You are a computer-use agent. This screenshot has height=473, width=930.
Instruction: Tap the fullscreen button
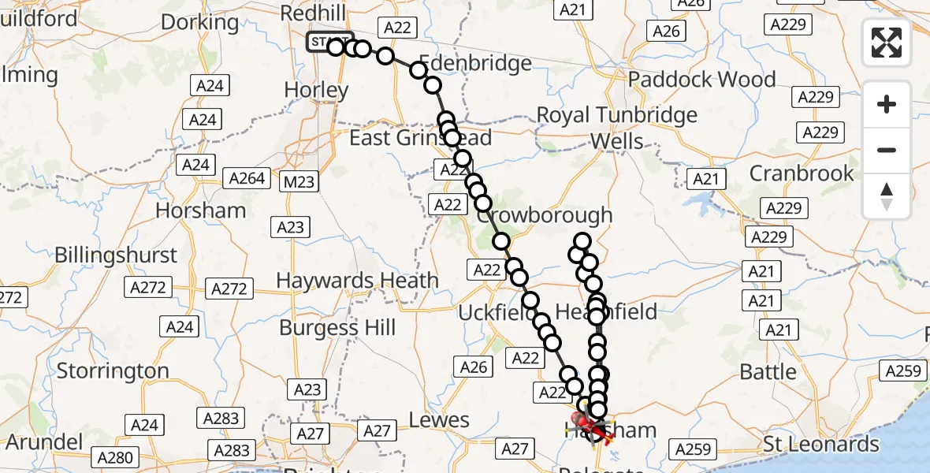click(x=887, y=43)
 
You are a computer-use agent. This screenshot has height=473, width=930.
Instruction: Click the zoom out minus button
click(x=887, y=150)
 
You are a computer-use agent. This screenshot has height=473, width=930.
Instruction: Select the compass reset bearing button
click(x=887, y=196)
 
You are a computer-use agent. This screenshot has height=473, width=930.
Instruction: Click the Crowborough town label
click(x=545, y=215)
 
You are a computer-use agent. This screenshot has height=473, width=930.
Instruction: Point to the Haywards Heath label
click(x=357, y=281)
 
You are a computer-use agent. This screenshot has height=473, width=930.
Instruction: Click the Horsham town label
click(x=201, y=210)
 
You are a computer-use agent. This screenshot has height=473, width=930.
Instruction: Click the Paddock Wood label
click(x=701, y=80)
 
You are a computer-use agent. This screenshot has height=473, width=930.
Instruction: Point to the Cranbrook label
click(x=802, y=173)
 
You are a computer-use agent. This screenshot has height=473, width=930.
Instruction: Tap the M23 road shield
click(x=299, y=182)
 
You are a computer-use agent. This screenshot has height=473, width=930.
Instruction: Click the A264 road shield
click(x=247, y=178)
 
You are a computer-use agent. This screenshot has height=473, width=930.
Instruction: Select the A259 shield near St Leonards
click(x=693, y=449)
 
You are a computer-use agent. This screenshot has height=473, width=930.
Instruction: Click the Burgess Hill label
click(x=337, y=327)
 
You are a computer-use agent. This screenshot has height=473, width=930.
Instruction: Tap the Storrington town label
click(x=113, y=371)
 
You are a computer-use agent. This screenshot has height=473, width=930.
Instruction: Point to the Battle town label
click(x=768, y=372)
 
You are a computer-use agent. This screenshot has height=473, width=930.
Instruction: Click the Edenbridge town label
click(x=474, y=64)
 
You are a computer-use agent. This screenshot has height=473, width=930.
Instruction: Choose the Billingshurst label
click(x=116, y=255)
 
